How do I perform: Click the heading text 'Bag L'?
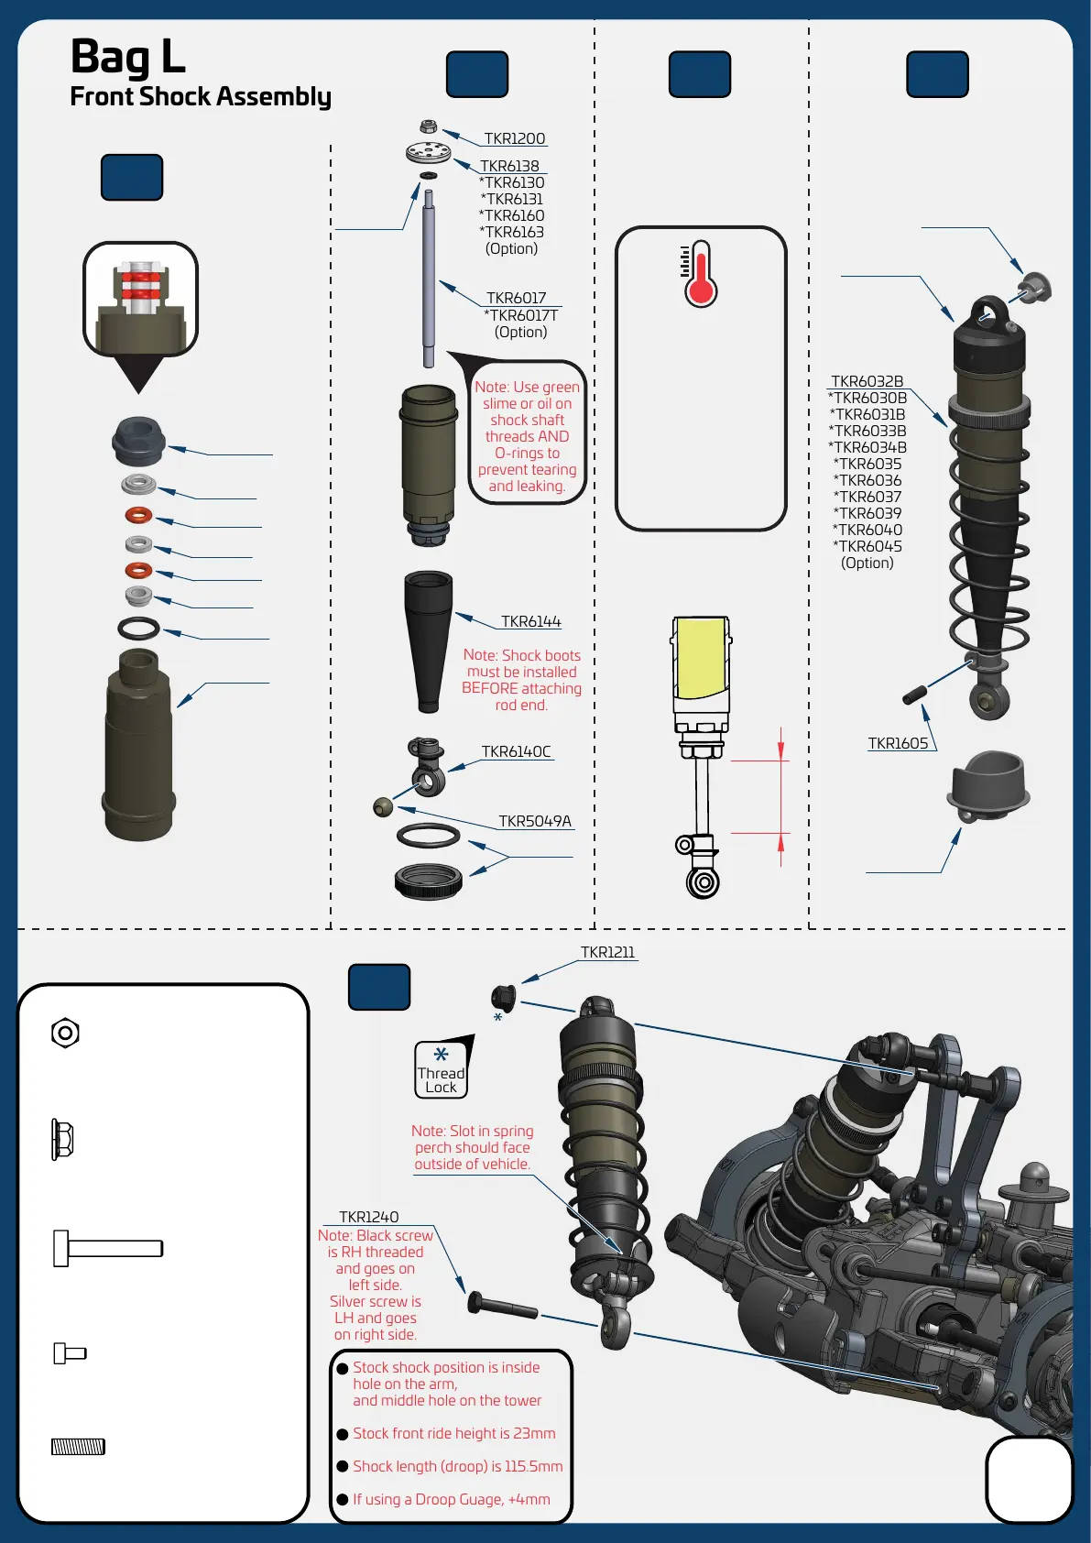coord(128,57)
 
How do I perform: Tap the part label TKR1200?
coord(514,138)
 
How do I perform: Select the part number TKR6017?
coord(516,298)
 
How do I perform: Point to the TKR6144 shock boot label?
coord(530,621)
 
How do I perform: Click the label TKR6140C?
coord(516,751)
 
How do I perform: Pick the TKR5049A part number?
coord(534,821)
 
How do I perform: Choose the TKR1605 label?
coord(898,743)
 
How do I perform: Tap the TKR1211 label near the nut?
coord(607,952)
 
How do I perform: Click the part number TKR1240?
coord(368,1217)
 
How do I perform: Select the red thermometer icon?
coord(700,275)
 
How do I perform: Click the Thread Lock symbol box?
coord(442,1070)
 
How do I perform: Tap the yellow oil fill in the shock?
coord(701,657)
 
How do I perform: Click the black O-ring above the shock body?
coord(138,629)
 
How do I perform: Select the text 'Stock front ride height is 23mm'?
coord(453,1433)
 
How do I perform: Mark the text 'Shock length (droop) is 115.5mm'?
coord(457,1466)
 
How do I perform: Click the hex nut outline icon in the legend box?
coord(65,1034)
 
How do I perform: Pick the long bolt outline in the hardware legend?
coord(108,1248)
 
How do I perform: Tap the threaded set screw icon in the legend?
coord(78,1447)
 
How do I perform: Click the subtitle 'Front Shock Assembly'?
coord(200,97)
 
